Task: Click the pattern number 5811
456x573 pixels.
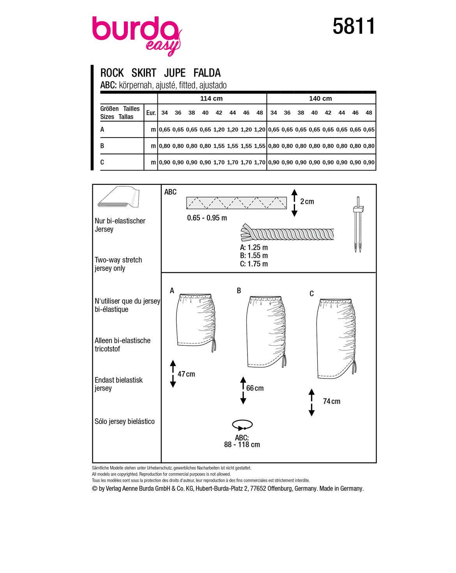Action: (x=353, y=27)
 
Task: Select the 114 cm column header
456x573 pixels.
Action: (x=211, y=99)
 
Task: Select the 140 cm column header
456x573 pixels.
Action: (x=320, y=99)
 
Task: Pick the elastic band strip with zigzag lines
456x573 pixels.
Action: (x=236, y=203)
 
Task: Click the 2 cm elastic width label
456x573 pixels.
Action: (x=307, y=202)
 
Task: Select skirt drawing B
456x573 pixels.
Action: (x=266, y=332)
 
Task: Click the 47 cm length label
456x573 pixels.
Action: (x=186, y=374)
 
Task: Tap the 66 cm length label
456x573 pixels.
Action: (x=255, y=388)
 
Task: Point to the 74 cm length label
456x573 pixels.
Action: (x=332, y=401)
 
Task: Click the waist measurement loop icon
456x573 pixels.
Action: (x=242, y=424)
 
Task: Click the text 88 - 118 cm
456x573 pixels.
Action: (x=242, y=445)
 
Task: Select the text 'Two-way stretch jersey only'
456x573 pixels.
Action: (x=118, y=264)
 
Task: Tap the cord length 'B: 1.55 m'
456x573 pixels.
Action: (x=254, y=256)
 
